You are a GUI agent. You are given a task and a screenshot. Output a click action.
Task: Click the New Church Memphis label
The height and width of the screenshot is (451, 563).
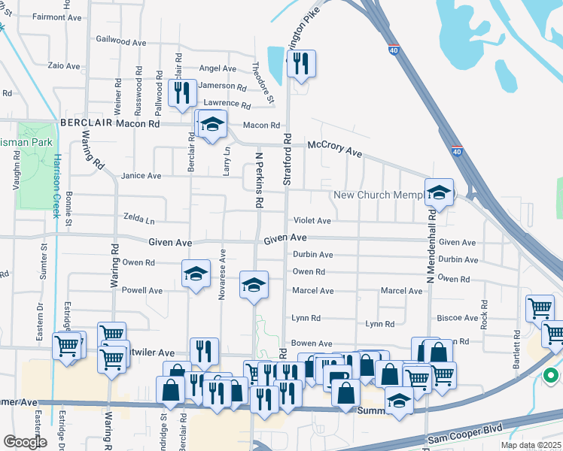pos(376,195)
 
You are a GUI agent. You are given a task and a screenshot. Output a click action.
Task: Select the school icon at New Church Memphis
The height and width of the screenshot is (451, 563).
pos(439,193)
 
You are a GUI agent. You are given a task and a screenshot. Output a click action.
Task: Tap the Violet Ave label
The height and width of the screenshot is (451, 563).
pos(312,221)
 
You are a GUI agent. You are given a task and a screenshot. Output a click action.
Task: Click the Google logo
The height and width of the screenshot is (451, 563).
pos(26,441)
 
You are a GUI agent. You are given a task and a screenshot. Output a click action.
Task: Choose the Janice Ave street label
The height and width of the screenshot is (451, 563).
pos(142,176)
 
